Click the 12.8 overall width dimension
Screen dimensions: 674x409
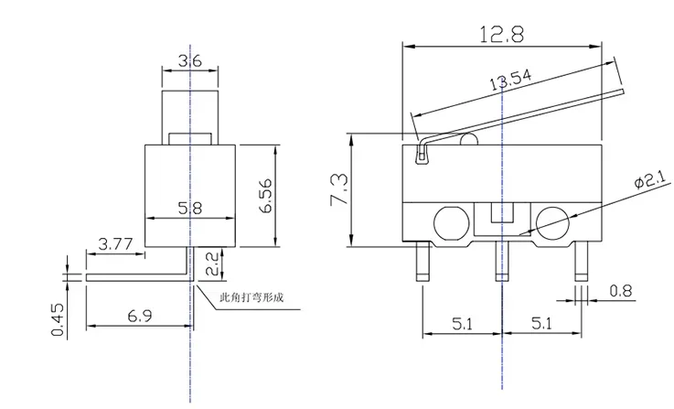pyautogui.click(x=502, y=34)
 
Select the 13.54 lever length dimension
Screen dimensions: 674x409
pyautogui.click(x=510, y=80)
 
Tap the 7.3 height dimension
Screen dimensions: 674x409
pyautogui.click(x=338, y=189)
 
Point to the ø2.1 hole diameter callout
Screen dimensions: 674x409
pyautogui.click(x=652, y=179)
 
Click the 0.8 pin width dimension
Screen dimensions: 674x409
pyautogui.click(x=621, y=291)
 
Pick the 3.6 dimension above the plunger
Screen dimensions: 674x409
pyautogui.click(x=189, y=61)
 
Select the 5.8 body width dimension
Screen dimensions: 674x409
pyautogui.click(x=189, y=208)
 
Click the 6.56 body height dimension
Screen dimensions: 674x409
pyautogui.click(x=265, y=195)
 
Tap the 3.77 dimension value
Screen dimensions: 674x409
pyautogui.click(x=115, y=244)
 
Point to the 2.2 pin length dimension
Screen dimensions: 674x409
pyautogui.click(x=213, y=264)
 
